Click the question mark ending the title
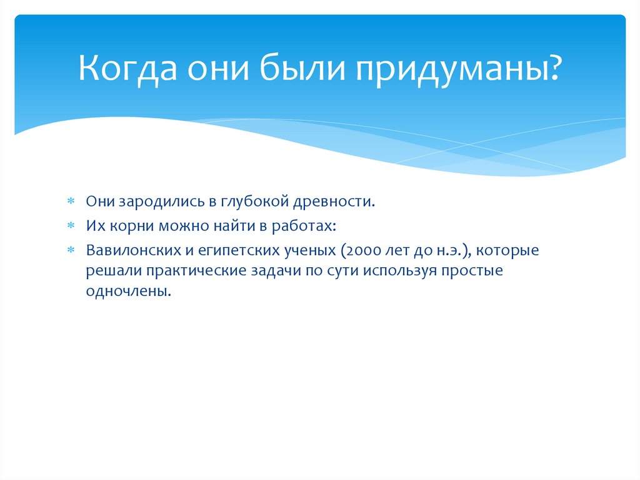pos(552,68)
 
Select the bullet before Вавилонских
pos(71,251)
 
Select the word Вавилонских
pos(129,250)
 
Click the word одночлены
pos(127,292)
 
